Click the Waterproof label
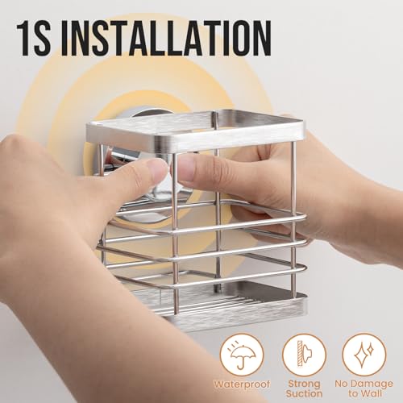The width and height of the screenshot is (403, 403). tap(242, 384)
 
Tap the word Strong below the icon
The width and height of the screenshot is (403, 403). tap(305, 384)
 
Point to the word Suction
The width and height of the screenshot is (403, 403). tap(304, 394)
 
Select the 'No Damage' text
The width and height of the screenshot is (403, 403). tap(364, 384)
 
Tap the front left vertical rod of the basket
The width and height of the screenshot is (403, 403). tap(175, 234)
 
